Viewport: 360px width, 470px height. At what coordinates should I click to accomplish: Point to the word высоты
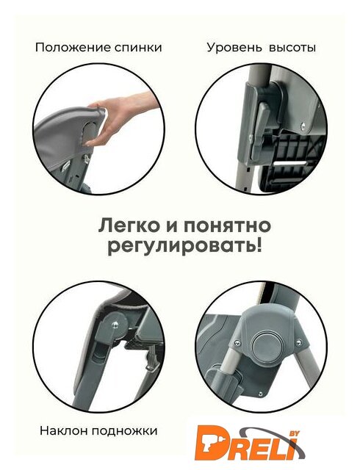292,48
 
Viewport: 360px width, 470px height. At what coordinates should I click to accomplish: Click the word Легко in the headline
129,226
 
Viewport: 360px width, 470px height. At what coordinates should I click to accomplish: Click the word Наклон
64,431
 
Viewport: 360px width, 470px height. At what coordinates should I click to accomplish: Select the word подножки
124,431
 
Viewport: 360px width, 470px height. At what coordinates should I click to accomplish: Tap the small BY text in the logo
292,433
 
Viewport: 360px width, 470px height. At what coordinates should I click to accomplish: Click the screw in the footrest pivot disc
115,324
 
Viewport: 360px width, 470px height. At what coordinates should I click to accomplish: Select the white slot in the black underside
291,163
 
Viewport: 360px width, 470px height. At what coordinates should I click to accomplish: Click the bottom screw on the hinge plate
260,394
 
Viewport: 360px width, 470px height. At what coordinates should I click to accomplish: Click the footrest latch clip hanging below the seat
151,359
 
